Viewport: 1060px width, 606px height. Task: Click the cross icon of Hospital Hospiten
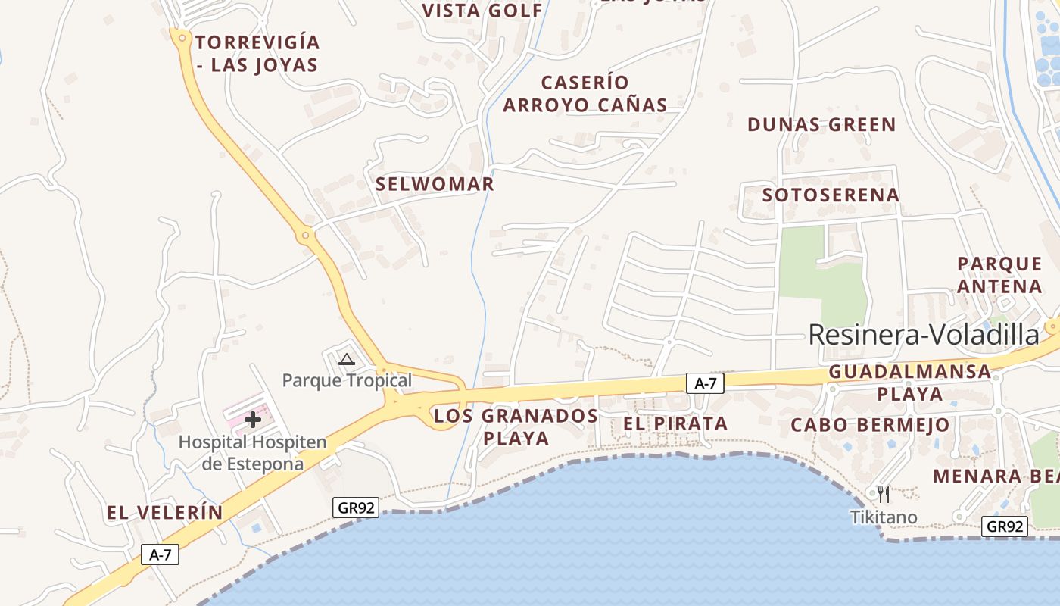pos(253,420)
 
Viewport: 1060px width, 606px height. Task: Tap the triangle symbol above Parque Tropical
pos(347,359)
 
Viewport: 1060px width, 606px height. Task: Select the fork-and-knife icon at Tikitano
pos(884,495)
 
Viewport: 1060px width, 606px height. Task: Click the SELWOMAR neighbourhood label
pos(435,184)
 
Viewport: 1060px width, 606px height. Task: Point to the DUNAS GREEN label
pos(821,125)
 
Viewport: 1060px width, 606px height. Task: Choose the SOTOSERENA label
pos(831,195)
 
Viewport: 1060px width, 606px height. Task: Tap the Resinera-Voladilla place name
pos(924,335)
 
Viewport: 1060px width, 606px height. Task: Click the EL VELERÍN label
pos(165,513)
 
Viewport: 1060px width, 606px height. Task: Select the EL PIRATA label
pos(675,424)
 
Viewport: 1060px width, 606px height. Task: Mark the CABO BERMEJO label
pos(870,425)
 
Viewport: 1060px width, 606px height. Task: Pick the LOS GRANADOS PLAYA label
pos(516,426)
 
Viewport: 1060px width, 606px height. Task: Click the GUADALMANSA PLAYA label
pos(910,383)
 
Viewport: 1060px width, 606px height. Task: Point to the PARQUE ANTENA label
pos(999,275)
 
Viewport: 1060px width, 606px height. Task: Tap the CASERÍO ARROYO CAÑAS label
pos(585,93)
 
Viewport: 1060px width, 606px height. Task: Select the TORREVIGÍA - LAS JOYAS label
pos(257,53)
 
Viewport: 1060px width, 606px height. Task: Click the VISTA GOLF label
pos(482,11)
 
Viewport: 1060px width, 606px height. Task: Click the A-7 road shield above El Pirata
pos(706,384)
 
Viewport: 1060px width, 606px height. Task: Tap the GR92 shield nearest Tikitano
pos(1005,526)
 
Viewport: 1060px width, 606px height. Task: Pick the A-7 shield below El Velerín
pos(161,554)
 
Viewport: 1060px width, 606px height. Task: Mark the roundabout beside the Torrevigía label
pos(181,36)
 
